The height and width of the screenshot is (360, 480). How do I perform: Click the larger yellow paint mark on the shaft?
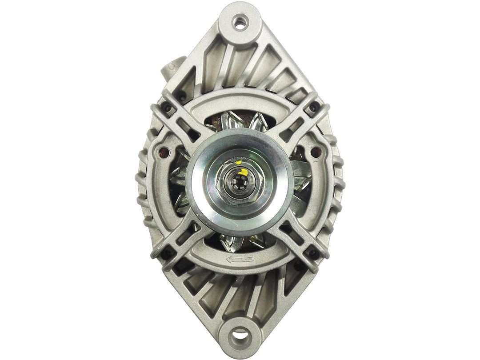[x=242, y=170]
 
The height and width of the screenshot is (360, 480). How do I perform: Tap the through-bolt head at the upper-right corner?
[x=314, y=107]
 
